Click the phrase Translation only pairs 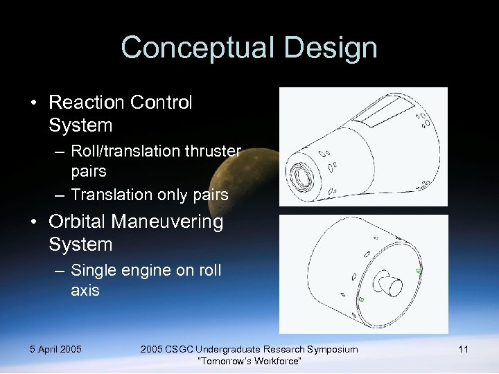tap(149, 195)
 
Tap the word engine tap(152, 269)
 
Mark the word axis tap(85, 290)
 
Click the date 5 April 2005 tap(55, 349)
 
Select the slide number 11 tap(463, 349)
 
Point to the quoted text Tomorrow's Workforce tap(249, 362)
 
